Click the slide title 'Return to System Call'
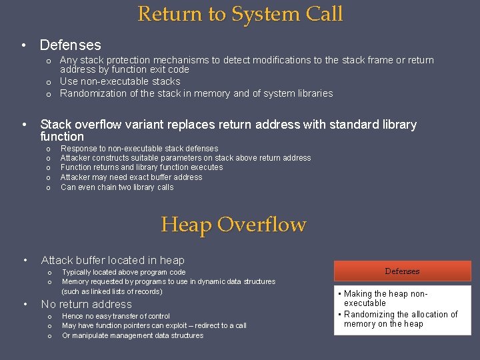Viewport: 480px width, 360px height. (240, 13)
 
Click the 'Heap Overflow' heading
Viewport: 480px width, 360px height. (233, 225)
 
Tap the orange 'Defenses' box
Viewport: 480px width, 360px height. (402, 271)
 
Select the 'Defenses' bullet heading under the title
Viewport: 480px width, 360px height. (71, 45)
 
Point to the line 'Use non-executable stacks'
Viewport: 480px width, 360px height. (120, 81)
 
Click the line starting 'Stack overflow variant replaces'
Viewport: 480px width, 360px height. (228, 125)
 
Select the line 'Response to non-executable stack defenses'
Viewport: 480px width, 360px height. (139, 149)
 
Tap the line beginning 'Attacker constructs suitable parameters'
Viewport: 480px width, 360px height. (185, 158)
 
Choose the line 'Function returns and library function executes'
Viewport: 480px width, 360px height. (141, 167)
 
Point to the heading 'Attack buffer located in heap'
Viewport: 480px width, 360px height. (113, 260)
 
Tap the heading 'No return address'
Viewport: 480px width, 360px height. (87, 304)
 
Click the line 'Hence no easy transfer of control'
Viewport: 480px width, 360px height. (115, 316)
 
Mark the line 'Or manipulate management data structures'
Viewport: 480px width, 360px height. (133, 335)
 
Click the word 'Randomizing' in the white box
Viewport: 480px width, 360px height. (369, 314)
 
